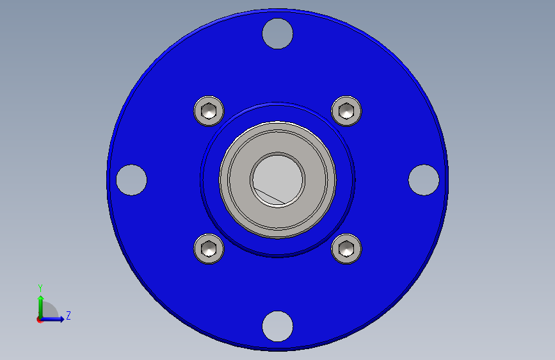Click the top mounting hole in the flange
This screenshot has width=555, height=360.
click(278, 34)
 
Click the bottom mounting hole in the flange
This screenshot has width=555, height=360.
click(278, 326)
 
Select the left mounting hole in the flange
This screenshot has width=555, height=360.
click(131, 180)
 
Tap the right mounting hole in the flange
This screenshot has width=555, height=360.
click(424, 180)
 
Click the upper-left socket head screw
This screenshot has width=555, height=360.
click(209, 111)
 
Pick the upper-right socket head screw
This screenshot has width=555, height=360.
click(346, 111)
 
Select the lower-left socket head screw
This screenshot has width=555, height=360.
click(209, 249)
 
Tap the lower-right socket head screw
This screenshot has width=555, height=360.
click(346, 249)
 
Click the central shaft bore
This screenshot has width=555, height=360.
click(278, 179)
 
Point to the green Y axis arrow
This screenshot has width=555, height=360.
click(41, 307)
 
